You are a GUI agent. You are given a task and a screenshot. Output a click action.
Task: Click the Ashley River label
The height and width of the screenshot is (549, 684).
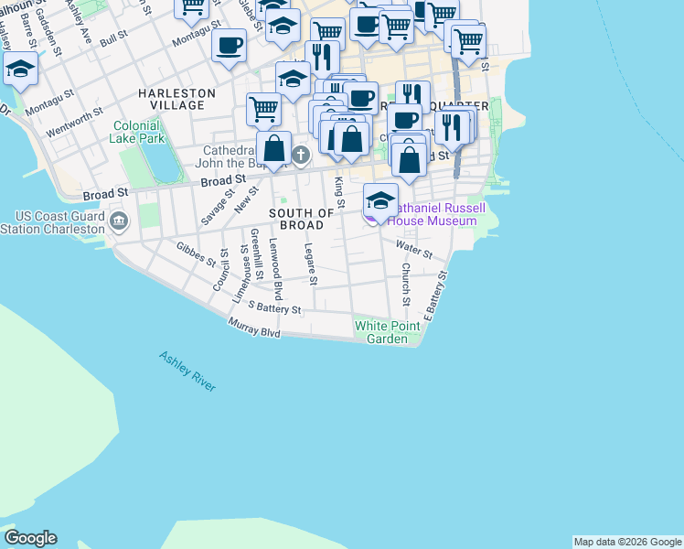(187, 371)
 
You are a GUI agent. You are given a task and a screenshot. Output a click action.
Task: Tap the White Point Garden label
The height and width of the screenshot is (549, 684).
(387, 332)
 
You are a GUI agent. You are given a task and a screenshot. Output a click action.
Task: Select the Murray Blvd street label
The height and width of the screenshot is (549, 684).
(254, 328)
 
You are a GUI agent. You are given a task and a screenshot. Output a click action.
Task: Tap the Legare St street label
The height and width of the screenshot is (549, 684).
(310, 264)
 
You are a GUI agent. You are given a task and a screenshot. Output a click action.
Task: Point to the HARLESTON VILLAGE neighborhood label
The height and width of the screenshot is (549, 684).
(177, 99)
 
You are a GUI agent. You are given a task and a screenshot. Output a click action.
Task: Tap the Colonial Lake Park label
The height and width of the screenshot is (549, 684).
(139, 132)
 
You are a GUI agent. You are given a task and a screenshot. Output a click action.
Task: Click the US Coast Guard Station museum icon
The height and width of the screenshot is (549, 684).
(119, 221)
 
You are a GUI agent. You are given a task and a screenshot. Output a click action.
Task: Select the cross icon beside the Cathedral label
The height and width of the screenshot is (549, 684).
(304, 161)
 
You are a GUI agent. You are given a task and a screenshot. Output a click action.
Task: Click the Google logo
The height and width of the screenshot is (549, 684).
(30, 538)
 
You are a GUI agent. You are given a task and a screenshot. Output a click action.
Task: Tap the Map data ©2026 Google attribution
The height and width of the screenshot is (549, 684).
(627, 542)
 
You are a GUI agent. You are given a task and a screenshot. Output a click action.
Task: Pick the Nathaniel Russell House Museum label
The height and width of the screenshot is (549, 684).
(434, 214)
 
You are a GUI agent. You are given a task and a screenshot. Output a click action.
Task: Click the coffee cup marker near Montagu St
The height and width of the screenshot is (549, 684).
(229, 45)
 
